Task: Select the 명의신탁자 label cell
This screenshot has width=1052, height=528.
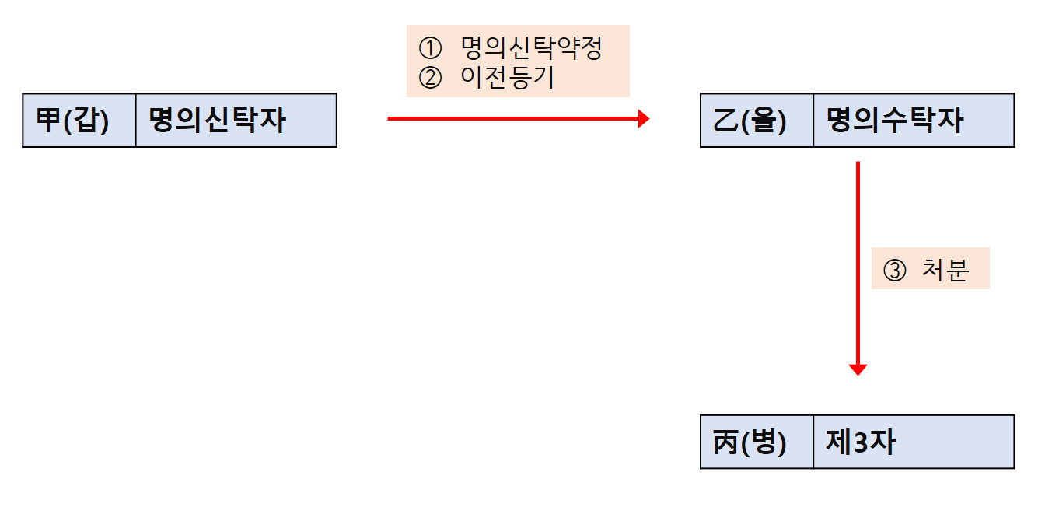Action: (236, 121)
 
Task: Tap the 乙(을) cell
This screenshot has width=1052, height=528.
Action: (757, 121)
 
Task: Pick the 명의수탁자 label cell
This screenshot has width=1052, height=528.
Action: (914, 121)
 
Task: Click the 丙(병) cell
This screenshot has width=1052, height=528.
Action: (757, 442)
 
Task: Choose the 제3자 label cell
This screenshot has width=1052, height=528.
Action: (914, 442)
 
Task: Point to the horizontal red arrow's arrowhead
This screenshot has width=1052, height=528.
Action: (643, 119)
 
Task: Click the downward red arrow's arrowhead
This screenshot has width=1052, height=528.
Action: (858, 369)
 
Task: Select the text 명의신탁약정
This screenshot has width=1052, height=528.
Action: (531, 49)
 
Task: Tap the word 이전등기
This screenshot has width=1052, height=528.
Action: (507, 78)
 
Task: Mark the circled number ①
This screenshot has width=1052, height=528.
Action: (429, 49)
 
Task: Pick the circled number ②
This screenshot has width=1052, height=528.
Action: (429, 78)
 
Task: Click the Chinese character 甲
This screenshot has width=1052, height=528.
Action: (48, 121)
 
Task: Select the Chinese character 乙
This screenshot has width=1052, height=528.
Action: (725, 121)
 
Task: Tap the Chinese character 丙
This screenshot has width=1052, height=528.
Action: (725, 442)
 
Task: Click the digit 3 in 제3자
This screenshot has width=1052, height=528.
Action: (861, 442)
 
